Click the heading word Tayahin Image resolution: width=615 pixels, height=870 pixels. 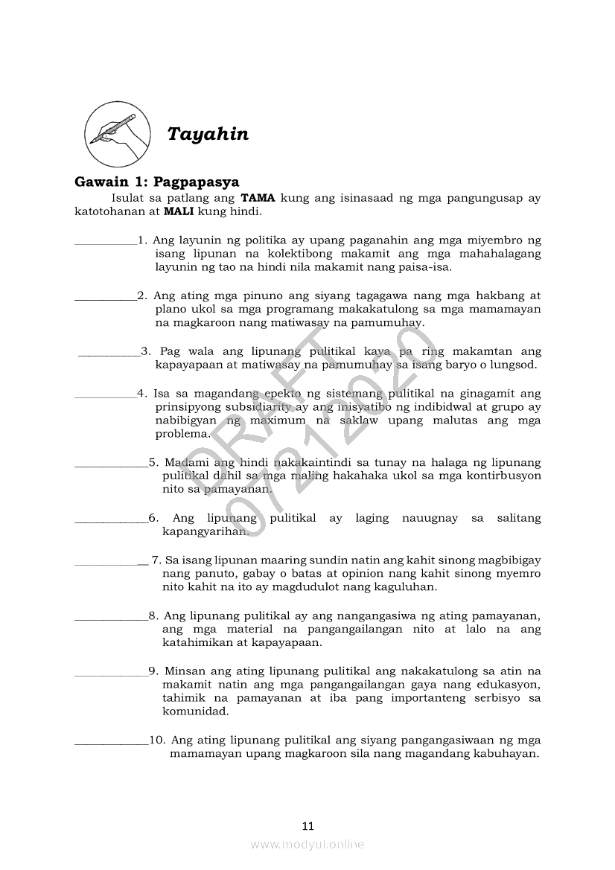click(208, 135)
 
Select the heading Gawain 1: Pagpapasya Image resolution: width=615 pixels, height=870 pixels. click(156, 182)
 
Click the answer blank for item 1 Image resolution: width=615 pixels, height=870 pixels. click(106, 241)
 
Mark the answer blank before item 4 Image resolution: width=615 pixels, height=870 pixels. click(105, 394)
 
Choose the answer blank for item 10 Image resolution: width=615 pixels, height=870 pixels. click(112, 741)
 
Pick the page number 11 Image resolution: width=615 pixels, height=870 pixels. click(308, 825)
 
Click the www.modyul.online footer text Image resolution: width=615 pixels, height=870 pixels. click(307, 844)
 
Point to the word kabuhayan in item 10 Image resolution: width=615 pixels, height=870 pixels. click(504, 754)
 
